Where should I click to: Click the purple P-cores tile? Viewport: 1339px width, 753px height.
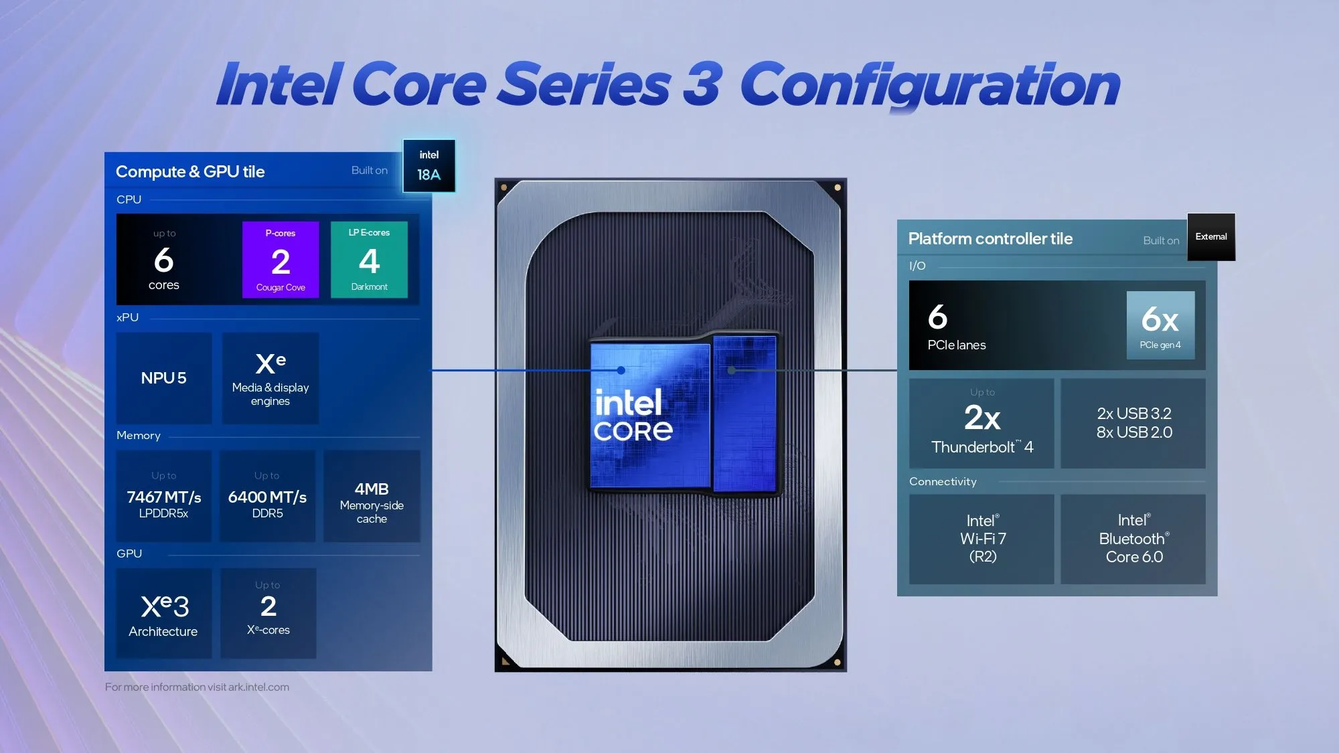(x=281, y=260)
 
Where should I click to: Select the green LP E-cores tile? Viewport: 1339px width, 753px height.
(x=369, y=260)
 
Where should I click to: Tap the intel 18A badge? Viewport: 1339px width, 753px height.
(x=429, y=166)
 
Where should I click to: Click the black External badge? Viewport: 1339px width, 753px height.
(x=1211, y=237)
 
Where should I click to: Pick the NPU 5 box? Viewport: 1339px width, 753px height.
(x=164, y=378)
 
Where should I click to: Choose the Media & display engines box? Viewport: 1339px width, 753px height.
(x=270, y=379)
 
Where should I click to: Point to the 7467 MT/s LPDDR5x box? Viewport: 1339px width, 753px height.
(x=164, y=497)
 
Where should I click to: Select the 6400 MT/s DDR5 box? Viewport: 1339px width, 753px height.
(x=267, y=497)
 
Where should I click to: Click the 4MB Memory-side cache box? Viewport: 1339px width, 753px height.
(x=372, y=497)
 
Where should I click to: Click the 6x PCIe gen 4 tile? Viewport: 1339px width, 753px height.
(x=1160, y=325)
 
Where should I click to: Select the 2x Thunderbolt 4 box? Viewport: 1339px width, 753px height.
(x=981, y=424)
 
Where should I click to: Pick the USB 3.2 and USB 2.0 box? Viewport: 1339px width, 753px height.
(x=1133, y=424)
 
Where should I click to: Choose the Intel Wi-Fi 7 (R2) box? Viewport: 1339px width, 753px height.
(x=981, y=539)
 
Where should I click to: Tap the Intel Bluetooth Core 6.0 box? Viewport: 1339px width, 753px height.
(x=1133, y=539)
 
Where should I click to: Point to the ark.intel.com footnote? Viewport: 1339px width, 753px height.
(x=197, y=687)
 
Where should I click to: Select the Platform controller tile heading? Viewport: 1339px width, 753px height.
(x=990, y=239)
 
